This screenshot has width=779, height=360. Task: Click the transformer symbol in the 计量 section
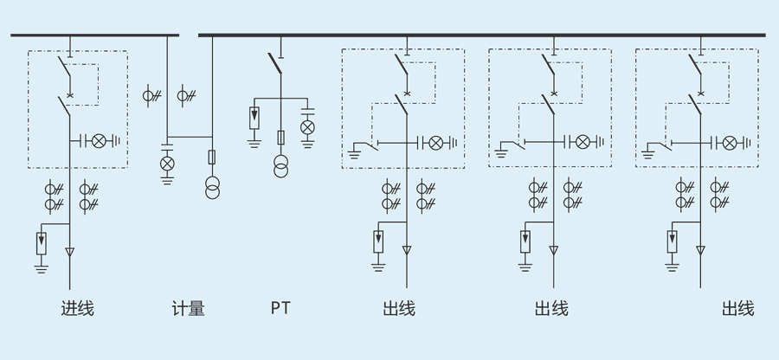click(212, 188)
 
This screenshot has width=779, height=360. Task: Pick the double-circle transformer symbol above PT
click(280, 166)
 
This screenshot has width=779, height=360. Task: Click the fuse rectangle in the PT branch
click(280, 138)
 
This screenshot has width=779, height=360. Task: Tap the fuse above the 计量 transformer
click(212, 157)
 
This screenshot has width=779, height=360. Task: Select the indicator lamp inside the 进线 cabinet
click(99, 140)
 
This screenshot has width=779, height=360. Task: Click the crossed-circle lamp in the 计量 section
click(167, 162)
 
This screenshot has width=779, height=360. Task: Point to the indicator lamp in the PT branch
click(306, 127)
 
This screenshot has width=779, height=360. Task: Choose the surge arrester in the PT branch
click(254, 115)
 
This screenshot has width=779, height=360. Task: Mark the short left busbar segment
click(95, 35)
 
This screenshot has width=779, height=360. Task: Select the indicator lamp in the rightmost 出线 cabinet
click(731, 141)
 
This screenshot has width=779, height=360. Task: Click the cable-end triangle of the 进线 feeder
click(69, 253)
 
